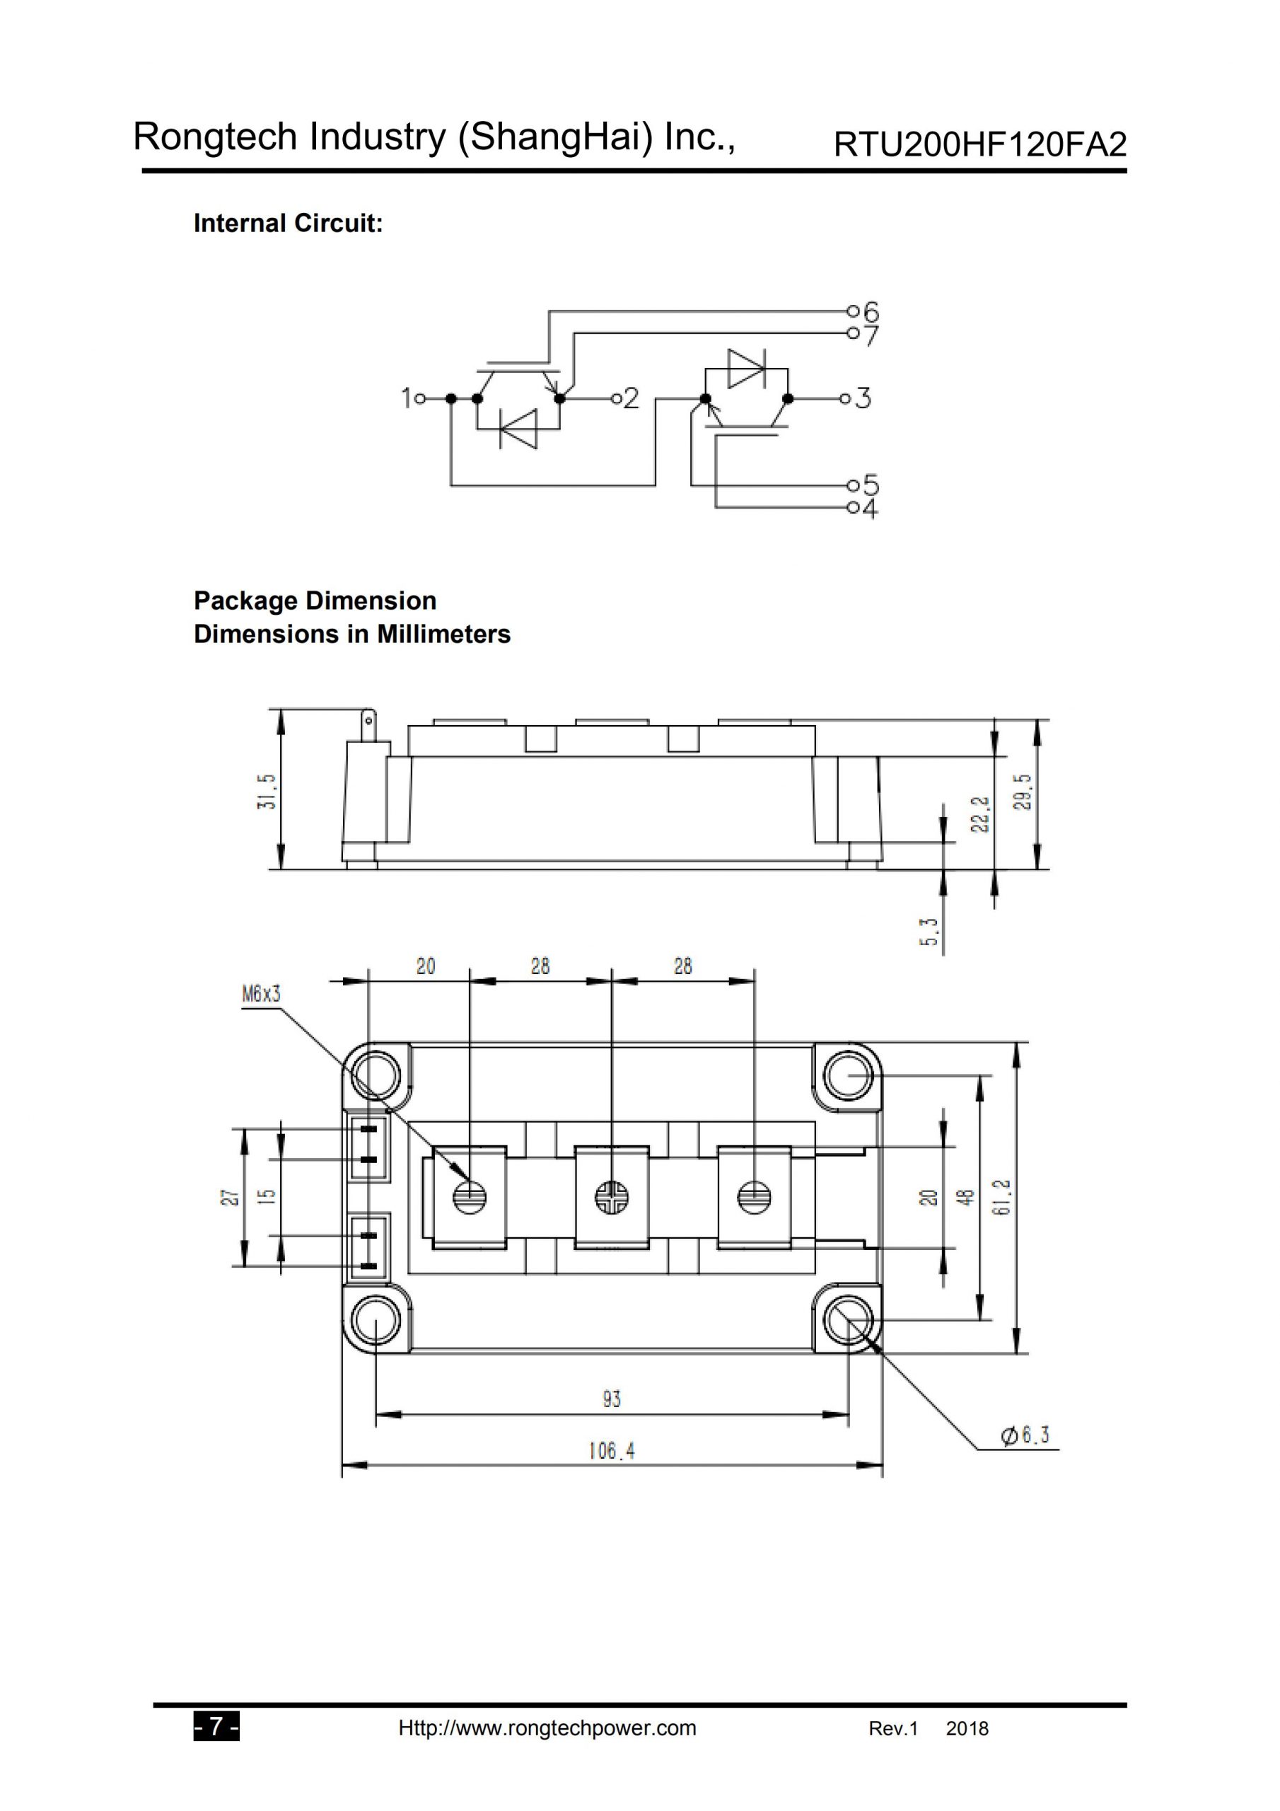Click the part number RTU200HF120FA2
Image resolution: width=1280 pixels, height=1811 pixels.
tap(979, 145)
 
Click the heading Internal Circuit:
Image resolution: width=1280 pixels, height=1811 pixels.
tap(288, 224)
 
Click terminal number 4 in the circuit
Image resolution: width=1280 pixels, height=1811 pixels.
tap(870, 509)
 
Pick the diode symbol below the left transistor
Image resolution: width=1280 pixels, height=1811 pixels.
tap(518, 429)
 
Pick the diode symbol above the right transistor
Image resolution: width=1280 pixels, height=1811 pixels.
tap(745, 369)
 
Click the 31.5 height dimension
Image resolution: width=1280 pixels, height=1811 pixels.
tap(268, 790)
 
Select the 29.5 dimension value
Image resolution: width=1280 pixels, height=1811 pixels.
tap(1022, 790)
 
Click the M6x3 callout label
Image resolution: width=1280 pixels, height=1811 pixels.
tap(261, 995)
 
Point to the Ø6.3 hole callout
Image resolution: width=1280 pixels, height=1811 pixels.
tap(1026, 1435)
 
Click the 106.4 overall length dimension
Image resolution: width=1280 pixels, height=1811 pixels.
tap(611, 1450)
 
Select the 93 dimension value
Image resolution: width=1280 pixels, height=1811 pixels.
tap(611, 1399)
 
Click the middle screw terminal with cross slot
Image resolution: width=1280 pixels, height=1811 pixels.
tap(611, 1198)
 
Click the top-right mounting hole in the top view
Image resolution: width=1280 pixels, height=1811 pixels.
tap(848, 1075)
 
